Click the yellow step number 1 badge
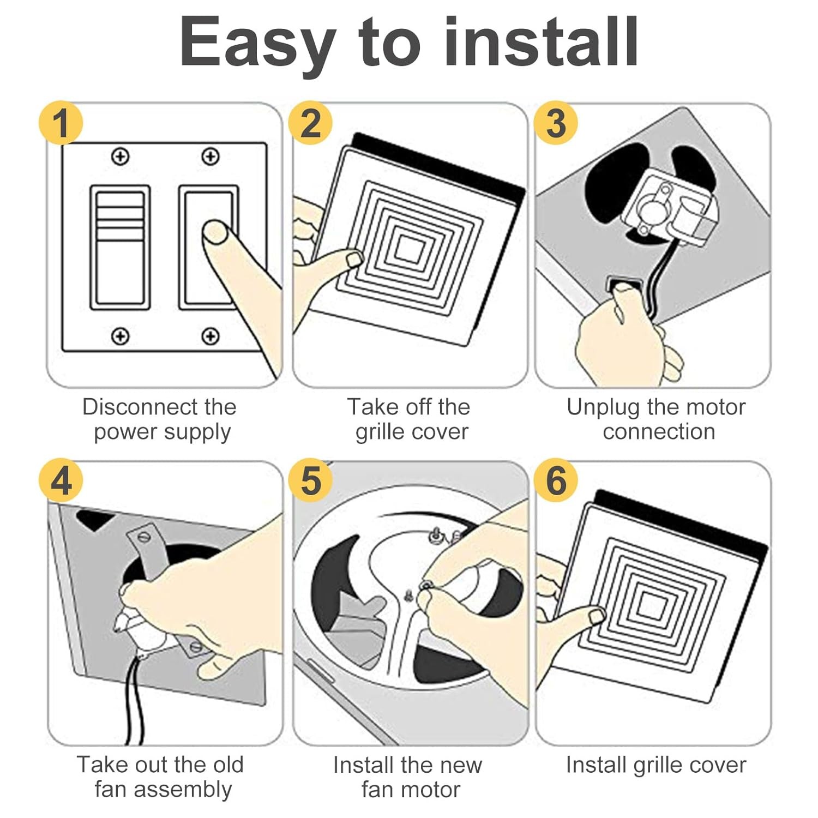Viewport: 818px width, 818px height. [61, 123]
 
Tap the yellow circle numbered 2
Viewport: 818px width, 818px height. [310, 123]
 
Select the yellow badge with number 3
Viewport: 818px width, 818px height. [556, 123]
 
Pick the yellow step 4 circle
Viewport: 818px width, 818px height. [61, 480]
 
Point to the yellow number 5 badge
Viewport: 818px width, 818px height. [310, 480]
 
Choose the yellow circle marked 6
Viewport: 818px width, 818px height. [556, 480]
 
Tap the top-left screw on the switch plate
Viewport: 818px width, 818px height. [120, 157]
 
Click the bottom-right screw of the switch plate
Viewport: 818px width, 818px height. [210, 336]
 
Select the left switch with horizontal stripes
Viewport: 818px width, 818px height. [120, 248]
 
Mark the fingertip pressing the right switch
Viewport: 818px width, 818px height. [215, 231]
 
